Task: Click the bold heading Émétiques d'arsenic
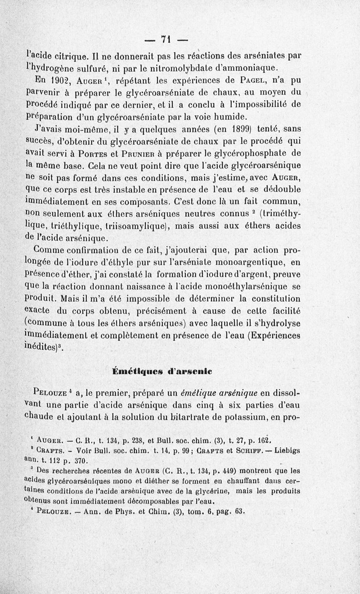[x=162, y=372]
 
